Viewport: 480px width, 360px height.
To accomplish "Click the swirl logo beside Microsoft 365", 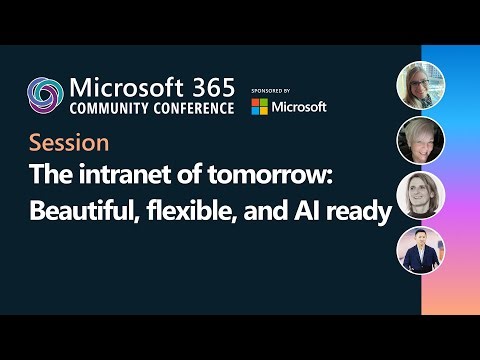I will coord(46,96).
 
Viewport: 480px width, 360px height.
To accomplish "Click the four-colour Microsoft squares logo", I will coord(260,106).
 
